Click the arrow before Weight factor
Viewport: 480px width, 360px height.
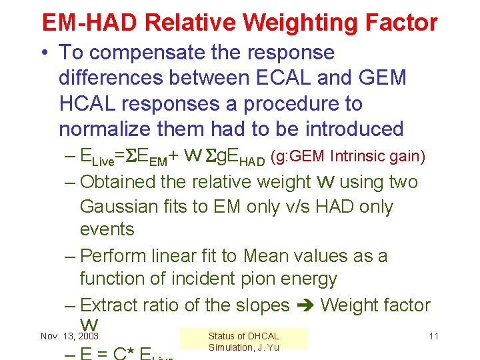[305, 306]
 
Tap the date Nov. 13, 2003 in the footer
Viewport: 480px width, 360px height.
[69, 336]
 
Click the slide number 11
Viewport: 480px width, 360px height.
[433, 336]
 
